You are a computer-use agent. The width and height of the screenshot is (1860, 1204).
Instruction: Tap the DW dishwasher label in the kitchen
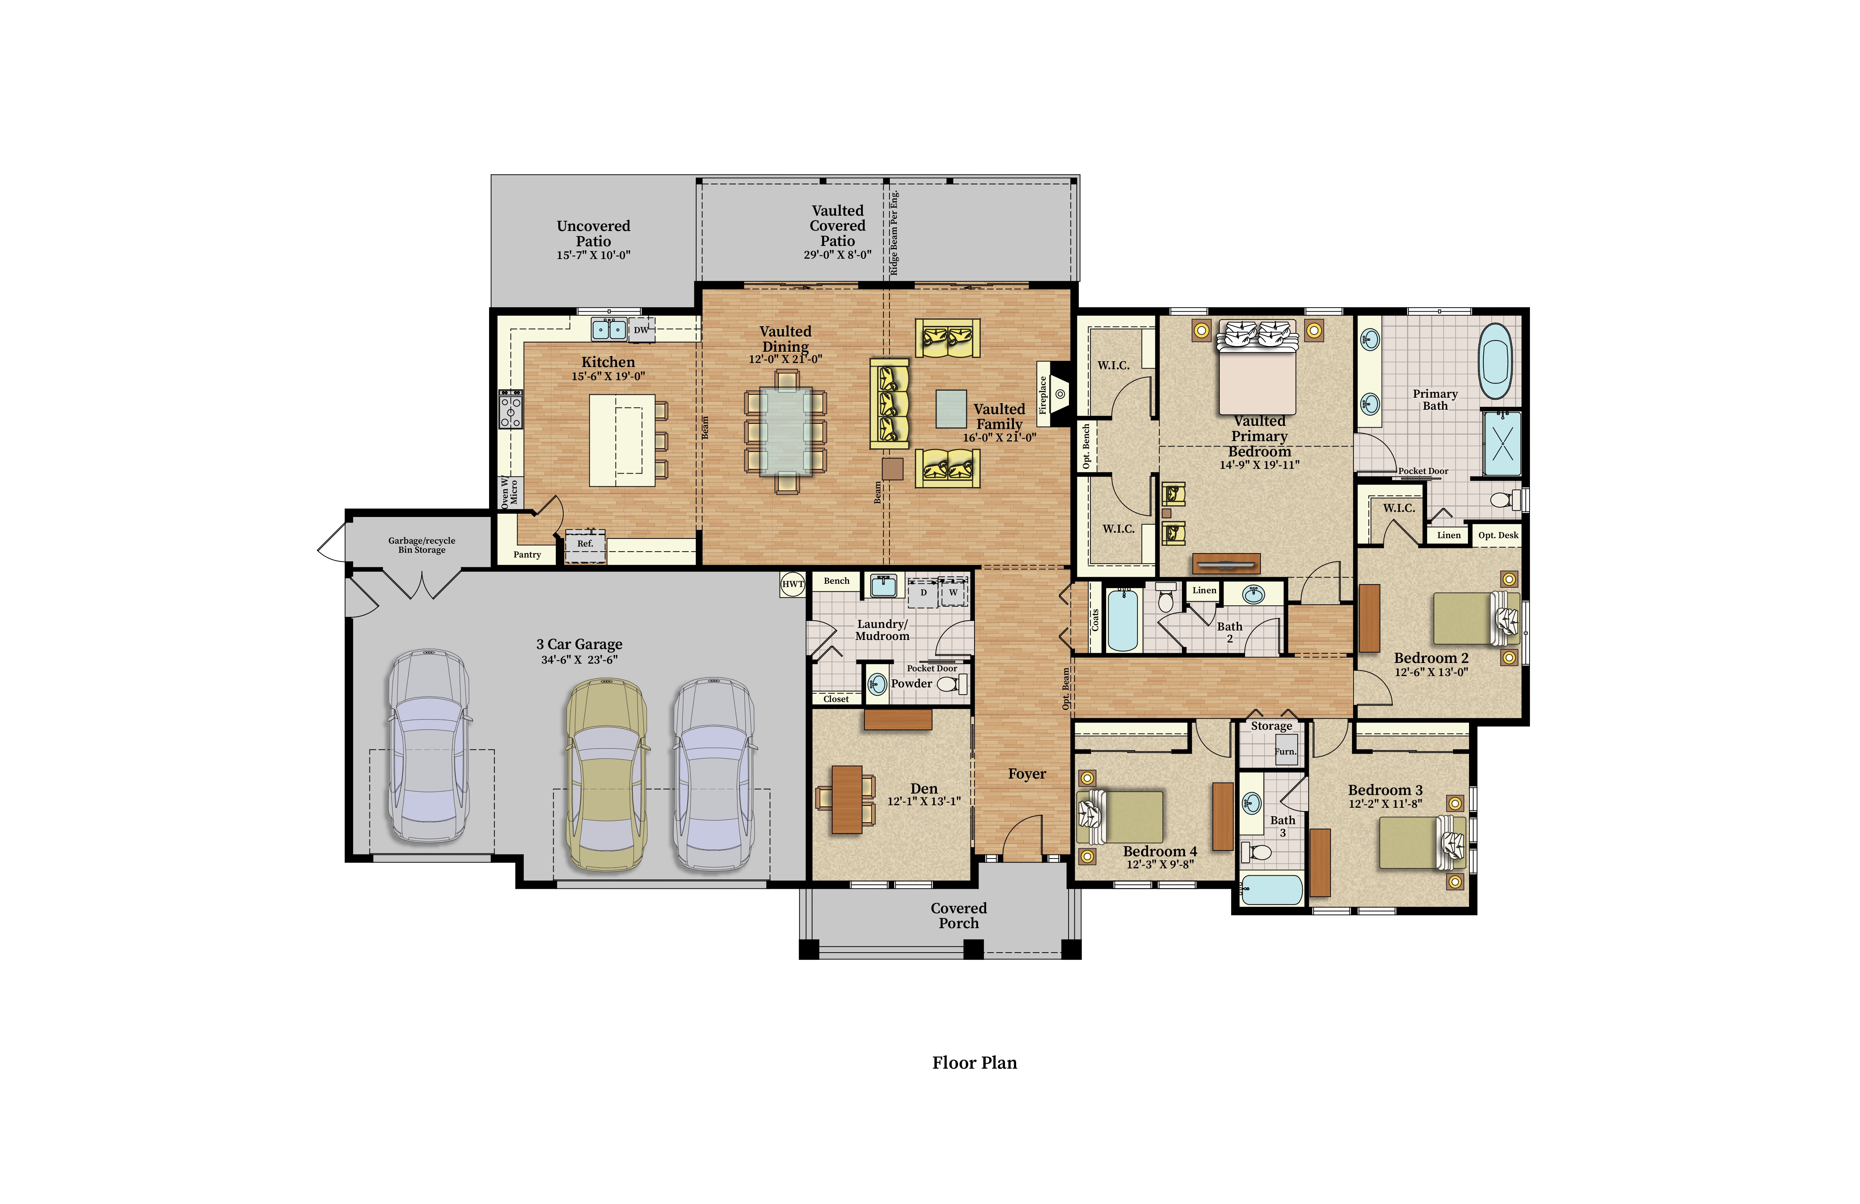click(x=641, y=330)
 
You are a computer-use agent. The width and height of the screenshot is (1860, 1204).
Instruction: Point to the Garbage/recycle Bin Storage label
click(x=422, y=545)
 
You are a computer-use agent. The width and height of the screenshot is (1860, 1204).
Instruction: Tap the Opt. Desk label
click(x=1498, y=536)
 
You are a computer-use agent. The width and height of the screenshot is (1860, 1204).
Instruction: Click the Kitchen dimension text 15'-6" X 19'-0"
click(x=608, y=376)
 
